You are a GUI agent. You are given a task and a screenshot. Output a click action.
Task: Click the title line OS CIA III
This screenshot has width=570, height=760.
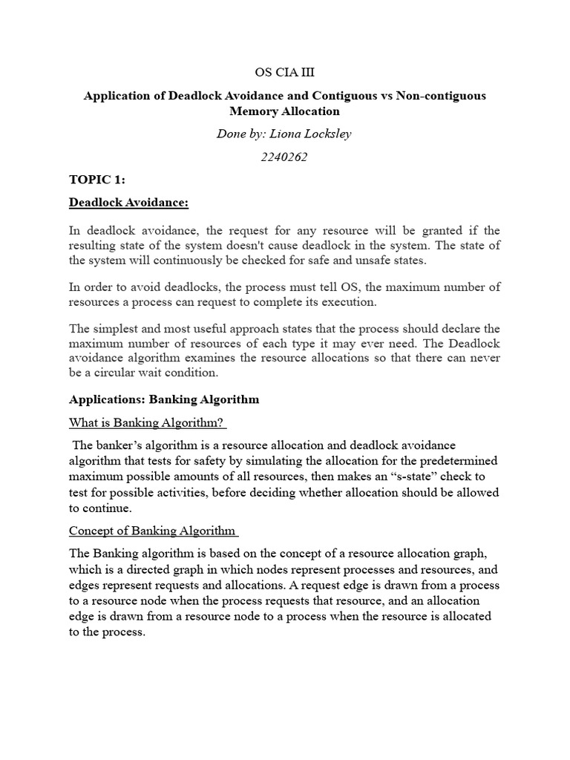click(284, 71)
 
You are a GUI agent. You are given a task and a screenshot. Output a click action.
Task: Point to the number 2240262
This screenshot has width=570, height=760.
click(284, 157)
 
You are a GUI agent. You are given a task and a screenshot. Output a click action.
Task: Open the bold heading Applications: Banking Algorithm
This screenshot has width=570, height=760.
click(164, 399)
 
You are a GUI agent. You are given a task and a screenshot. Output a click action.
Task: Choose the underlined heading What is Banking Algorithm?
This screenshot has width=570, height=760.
click(146, 422)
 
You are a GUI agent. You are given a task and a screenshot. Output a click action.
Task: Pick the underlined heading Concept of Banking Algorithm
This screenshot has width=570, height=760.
click(151, 531)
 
